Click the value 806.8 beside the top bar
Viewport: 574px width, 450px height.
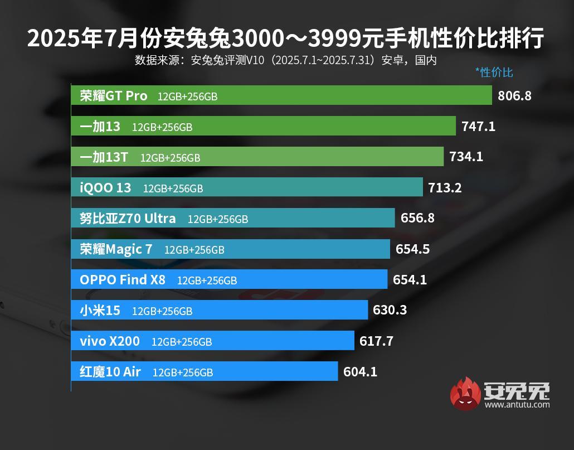pyautogui.click(x=514, y=96)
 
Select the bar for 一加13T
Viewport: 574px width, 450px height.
pyautogui.click(x=257, y=157)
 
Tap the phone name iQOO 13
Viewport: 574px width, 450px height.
pyautogui.click(x=105, y=188)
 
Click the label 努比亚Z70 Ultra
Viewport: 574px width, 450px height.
pyautogui.click(x=128, y=219)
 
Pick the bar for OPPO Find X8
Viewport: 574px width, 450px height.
pyautogui.click(x=228, y=279)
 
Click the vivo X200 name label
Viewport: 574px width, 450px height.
pyautogui.click(x=110, y=341)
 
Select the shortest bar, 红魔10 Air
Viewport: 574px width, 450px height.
pyautogui.click(x=204, y=371)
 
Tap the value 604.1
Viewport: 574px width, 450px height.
pyautogui.click(x=360, y=371)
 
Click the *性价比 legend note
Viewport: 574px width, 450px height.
pyautogui.click(x=494, y=72)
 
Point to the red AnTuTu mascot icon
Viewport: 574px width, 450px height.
pyautogui.click(x=465, y=393)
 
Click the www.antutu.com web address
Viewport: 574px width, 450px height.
pyautogui.click(x=517, y=405)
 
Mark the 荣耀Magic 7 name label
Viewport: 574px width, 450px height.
pyautogui.click(x=116, y=249)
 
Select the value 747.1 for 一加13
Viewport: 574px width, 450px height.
pyautogui.click(x=478, y=127)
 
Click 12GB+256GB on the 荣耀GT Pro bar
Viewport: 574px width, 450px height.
pyautogui.click(x=187, y=96)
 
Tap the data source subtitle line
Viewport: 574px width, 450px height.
pyautogui.click(x=285, y=60)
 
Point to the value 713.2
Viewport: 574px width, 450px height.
pyautogui.click(x=445, y=187)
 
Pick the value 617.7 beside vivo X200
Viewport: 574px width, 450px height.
pyautogui.click(x=376, y=341)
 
